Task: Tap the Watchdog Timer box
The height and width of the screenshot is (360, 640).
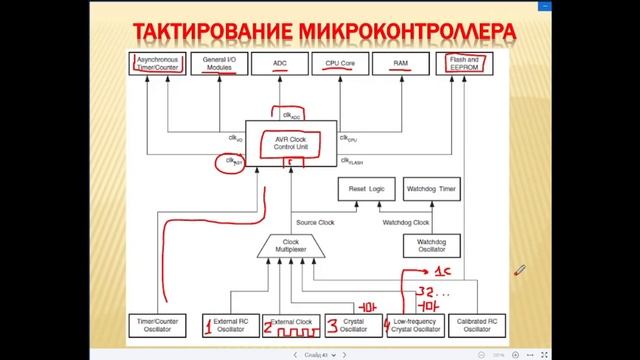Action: [x=431, y=188]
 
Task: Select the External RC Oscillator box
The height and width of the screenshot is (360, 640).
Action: [x=230, y=323]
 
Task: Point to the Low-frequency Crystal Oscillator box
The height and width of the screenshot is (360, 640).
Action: [x=413, y=323]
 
